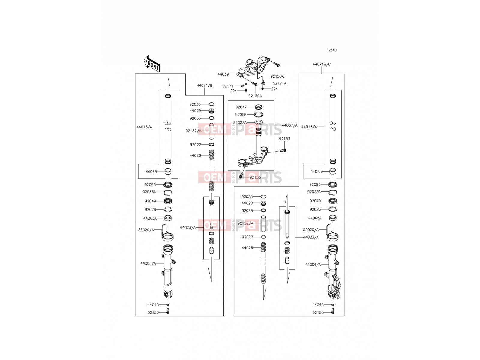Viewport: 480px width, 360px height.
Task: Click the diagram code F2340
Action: (331, 50)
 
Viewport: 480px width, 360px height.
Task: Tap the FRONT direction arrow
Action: (152, 64)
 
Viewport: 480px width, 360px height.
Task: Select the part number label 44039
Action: (223, 74)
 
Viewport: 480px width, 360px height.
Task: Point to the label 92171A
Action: (280, 83)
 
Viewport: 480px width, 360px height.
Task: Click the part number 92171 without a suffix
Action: (228, 86)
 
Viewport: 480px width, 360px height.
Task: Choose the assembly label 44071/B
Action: (205, 85)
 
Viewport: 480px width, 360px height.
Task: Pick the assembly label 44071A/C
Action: (322, 64)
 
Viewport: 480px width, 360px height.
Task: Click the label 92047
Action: (241, 107)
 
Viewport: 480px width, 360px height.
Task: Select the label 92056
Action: (241, 115)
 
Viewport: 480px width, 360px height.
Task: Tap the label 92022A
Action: (240, 122)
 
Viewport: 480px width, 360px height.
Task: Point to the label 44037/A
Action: (289, 125)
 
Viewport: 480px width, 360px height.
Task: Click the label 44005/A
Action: (148, 263)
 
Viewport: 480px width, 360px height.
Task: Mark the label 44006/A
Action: (313, 265)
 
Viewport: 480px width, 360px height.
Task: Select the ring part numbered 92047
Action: (259, 107)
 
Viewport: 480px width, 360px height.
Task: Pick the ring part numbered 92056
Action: (259, 115)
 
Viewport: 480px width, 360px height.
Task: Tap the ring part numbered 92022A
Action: (259, 122)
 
